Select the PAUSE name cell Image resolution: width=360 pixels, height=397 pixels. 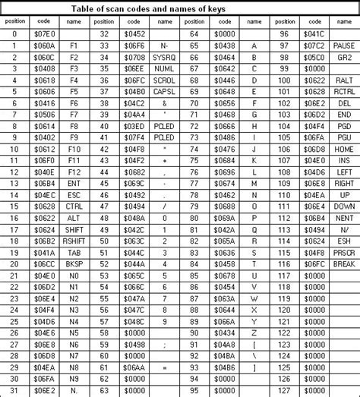click(343, 46)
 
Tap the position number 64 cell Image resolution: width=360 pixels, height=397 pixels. click(194, 34)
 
